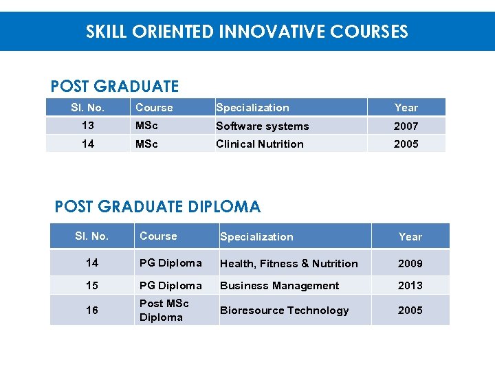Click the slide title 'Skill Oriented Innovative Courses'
point(247,32)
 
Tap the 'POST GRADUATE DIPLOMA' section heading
point(157,207)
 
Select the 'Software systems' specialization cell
point(262,126)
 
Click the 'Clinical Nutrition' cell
point(259,144)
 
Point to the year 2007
point(406,126)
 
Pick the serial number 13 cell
point(87,126)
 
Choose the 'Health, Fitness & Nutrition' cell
point(289,264)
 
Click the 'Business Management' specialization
point(279,286)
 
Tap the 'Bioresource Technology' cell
point(284,311)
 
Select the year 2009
point(410,264)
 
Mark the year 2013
point(410,286)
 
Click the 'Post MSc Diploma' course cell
point(164,311)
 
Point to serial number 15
point(91,286)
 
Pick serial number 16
point(91,311)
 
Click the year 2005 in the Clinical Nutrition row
point(406,144)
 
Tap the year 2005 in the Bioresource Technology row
point(410,311)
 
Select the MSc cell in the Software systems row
point(146,126)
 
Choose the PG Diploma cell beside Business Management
point(170,286)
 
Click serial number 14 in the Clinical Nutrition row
point(87,144)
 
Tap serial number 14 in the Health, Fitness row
point(91,263)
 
